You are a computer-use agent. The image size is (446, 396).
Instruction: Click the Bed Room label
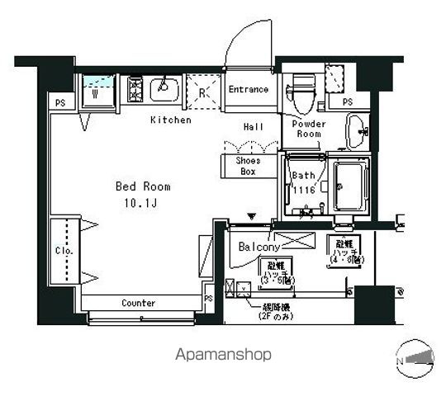point(142,186)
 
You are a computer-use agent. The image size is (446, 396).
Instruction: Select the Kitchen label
point(171,120)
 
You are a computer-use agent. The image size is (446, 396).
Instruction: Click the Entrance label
point(249,89)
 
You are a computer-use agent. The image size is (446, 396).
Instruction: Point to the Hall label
point(254,127)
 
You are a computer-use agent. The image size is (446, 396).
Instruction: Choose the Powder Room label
point(309,129)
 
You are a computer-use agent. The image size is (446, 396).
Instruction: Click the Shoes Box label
point(249,166)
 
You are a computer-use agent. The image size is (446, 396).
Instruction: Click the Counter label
point(138,303)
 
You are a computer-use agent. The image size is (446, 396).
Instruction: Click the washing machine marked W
point(97,91)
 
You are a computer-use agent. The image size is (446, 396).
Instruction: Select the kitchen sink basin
point(166,88)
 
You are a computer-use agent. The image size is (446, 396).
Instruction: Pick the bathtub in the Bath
point(350,185)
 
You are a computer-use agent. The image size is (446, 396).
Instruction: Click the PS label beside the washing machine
point(59,103)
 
